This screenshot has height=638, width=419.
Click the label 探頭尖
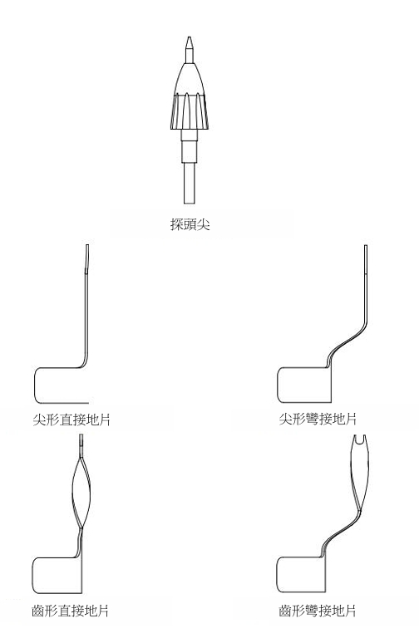(190, 223)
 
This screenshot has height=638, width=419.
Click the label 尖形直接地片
(71, 420)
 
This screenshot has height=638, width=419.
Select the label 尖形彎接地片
(318, 419)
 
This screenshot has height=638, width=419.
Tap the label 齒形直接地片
(70, 611)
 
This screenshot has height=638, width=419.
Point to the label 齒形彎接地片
(318, 611)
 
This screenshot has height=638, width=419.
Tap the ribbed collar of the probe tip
(190, 111)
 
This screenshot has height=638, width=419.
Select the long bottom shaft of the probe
(190, 183)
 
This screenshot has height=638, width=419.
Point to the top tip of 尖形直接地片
(87, 245)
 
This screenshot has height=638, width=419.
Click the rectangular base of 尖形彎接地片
(303, 385)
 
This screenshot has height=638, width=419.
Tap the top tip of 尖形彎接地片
(366, 246)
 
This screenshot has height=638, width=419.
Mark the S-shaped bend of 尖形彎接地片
(346, 341)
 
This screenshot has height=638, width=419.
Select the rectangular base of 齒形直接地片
(57, 576)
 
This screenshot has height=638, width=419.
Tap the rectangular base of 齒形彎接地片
(301, 575)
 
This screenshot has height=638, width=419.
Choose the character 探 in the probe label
(177, 223)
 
